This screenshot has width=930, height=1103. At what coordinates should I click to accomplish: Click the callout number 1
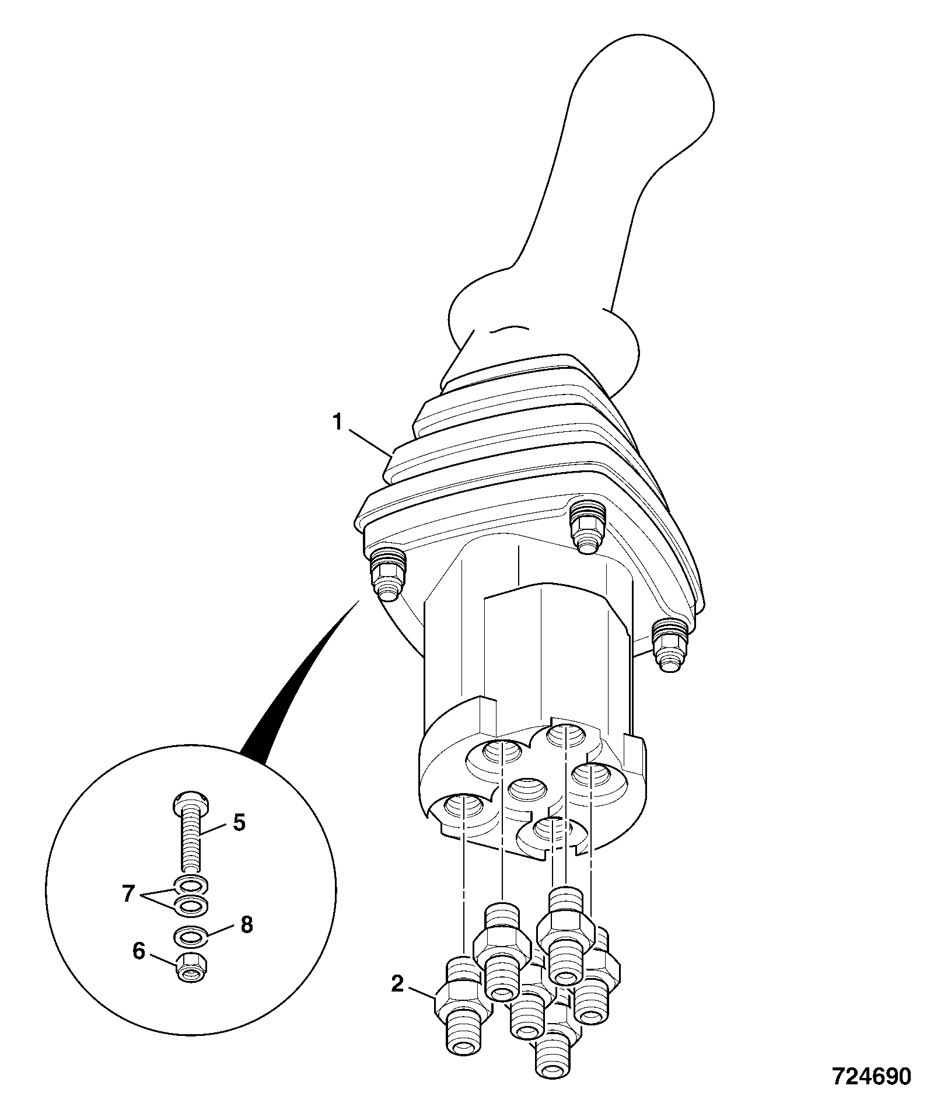[337, 422]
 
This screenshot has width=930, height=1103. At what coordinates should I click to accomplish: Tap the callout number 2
[397, 985]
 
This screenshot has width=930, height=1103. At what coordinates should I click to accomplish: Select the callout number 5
[239, 823]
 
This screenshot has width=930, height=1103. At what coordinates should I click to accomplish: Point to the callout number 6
[138, 952]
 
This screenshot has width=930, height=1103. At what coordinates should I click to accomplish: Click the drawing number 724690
[871, 1076]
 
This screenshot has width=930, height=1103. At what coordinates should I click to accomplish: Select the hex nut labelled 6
[191, 969]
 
